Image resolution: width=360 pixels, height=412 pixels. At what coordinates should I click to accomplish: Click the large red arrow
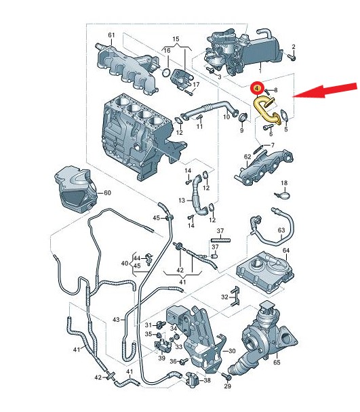click(325, 91)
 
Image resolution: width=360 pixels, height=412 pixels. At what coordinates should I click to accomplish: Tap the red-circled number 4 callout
click(257, 88)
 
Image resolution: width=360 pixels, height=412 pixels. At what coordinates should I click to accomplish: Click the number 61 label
click(111, 35)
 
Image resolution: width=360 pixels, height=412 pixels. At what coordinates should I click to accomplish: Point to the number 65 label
click(277, 363)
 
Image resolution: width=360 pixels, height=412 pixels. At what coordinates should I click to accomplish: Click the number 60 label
click(107, 193)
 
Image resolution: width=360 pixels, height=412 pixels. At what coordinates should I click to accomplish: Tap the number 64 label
click(286, 251)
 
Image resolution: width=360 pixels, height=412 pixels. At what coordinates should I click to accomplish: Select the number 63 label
click(281, 230)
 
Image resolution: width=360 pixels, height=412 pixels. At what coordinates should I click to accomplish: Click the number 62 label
click(247, 157)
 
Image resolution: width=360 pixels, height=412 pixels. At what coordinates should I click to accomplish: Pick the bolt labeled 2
click(292, 57)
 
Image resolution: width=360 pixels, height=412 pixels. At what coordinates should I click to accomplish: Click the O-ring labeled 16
click(166, 73)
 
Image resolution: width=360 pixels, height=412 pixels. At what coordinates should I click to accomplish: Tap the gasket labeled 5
click(284, 115)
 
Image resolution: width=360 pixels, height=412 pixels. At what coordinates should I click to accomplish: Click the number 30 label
click(232, 351)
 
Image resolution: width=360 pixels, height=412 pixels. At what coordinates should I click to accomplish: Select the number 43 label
click(116, 320)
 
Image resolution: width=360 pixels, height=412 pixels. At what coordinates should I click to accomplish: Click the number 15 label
click(176, 39)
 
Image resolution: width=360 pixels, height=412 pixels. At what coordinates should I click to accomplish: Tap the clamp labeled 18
click(282, 195)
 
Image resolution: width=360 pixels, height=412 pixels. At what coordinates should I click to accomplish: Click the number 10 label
click(226, 117)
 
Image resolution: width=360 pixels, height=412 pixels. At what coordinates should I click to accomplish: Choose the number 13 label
click(182, 201)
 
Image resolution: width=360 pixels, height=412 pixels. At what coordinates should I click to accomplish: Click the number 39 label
click(161, 358)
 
